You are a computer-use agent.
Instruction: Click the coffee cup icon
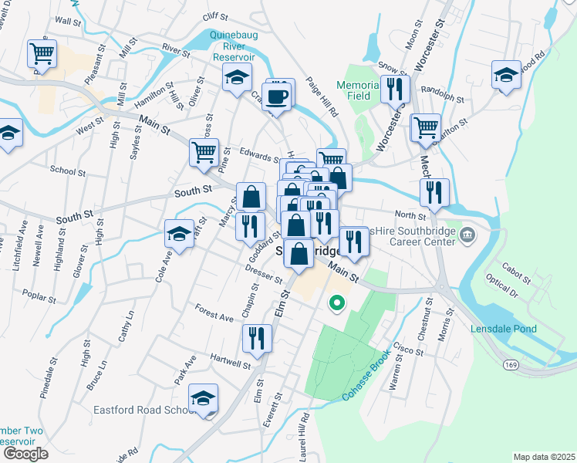[277, 97]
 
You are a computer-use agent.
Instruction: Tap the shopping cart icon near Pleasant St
[42, 54]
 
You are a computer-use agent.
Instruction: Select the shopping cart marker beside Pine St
[204, 153]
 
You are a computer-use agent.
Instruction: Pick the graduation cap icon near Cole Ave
[179, 235]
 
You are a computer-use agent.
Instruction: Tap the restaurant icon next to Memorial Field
[395, 90]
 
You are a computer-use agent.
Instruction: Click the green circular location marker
[336, 303]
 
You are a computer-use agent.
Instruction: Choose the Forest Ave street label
[214, 316]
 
